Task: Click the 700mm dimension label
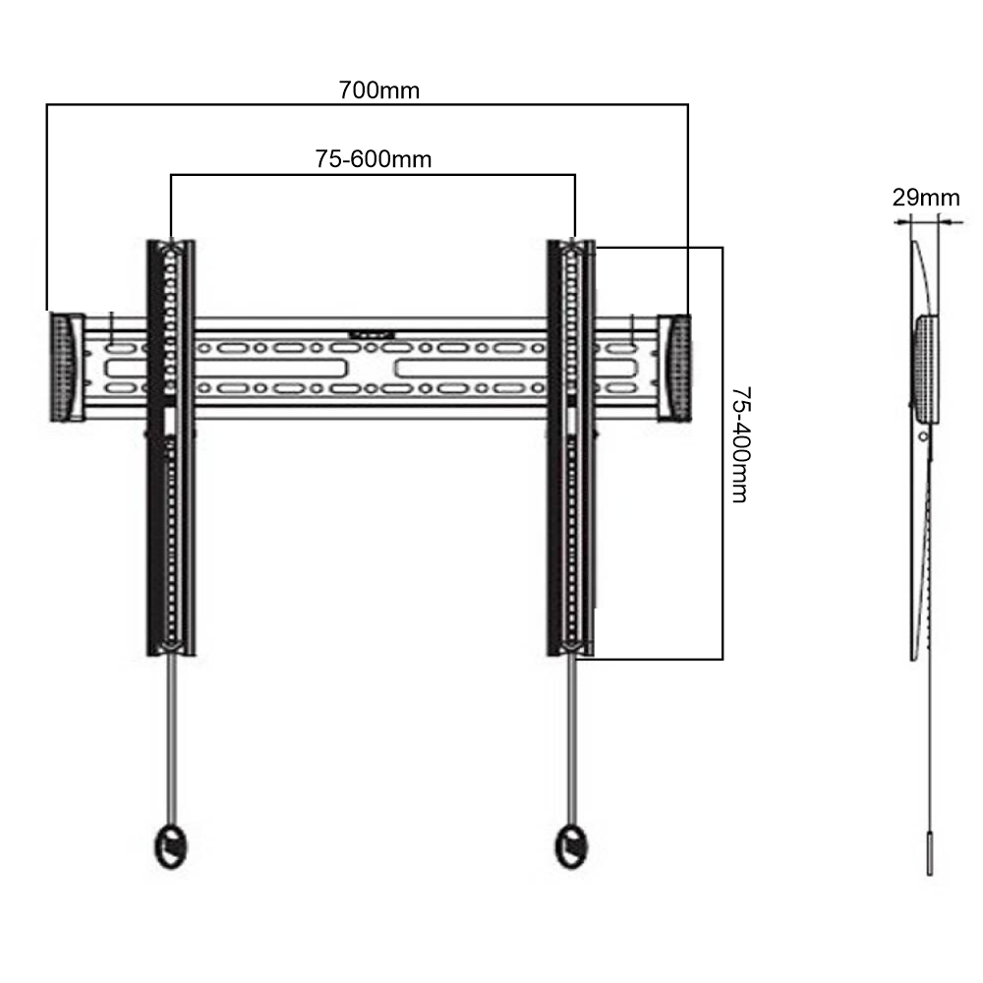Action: pos(378,90)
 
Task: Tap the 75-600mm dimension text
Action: pos(373,159)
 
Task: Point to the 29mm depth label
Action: pos(925,197)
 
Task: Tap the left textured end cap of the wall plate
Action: pos(65,368)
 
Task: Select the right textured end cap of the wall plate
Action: pos(674,368)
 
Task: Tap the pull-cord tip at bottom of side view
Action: pos(930,856)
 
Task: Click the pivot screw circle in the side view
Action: pos(922,434)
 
